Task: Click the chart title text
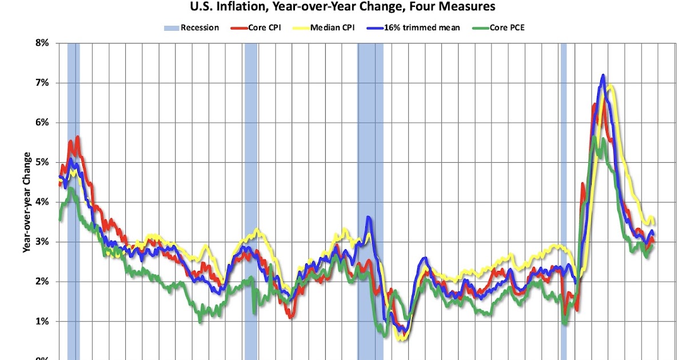342,7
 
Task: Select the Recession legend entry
192,27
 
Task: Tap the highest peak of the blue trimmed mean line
603,75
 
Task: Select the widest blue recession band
370,200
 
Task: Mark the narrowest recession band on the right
563,200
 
